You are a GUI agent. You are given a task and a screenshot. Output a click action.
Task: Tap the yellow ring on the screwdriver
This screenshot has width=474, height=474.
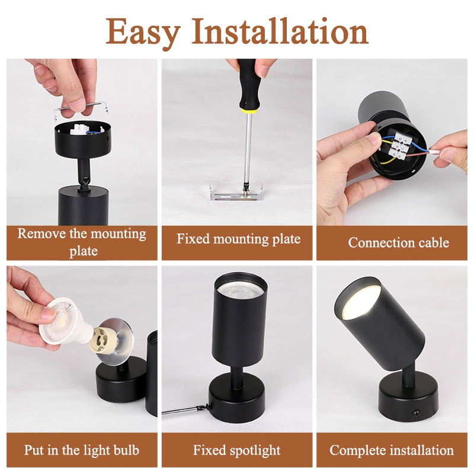(248, 110)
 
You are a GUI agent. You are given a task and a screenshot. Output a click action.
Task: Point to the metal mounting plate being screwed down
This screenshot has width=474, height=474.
(236, 193)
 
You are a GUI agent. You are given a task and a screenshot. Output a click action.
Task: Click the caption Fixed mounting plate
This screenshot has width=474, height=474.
(239, 239)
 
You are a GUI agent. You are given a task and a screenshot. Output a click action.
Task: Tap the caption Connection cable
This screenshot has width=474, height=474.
(398, 242)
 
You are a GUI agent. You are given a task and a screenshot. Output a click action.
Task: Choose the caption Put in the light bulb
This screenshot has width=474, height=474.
(82, 450)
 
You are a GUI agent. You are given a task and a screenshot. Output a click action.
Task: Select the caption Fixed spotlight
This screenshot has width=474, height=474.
(236, 450)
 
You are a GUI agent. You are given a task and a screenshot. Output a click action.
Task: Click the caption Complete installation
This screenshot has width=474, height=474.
(392, 450)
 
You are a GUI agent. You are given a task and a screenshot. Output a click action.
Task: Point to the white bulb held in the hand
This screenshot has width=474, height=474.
(63, 324)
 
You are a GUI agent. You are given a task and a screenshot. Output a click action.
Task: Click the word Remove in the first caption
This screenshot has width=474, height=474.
(41, 233)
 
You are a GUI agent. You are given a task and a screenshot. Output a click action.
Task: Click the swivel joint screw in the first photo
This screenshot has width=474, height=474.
(87, 180)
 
